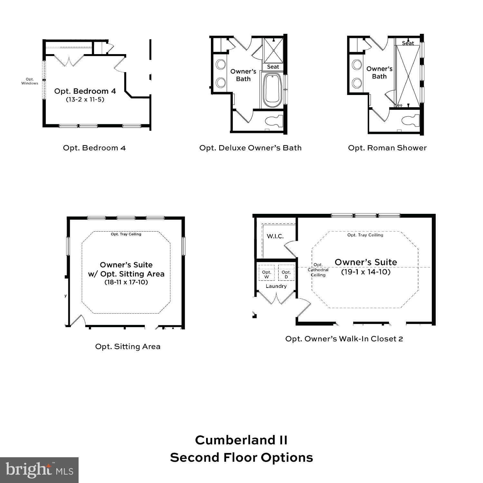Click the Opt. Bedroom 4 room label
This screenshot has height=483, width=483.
point(85,91)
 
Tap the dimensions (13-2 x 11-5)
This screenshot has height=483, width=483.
point(85,99)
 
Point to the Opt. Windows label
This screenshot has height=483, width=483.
point(30,81)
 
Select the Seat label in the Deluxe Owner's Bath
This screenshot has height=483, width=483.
point(273,67)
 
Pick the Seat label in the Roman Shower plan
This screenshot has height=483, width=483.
point(408,43)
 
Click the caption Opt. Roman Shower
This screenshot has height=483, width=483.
point(387,148)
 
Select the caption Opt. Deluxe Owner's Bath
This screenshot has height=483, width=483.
point(251,148)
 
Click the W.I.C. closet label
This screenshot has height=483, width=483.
point(275,236)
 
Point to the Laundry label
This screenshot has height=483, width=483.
point(276,286)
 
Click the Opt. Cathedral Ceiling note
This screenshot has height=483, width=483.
point(318,270)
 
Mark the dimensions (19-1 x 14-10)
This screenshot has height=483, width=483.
point(366,272)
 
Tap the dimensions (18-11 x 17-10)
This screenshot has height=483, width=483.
point(126,282)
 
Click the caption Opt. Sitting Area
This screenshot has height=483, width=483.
point(128,346)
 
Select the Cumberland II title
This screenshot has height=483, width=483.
point(241,440)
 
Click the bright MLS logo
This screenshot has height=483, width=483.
point(39,470)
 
